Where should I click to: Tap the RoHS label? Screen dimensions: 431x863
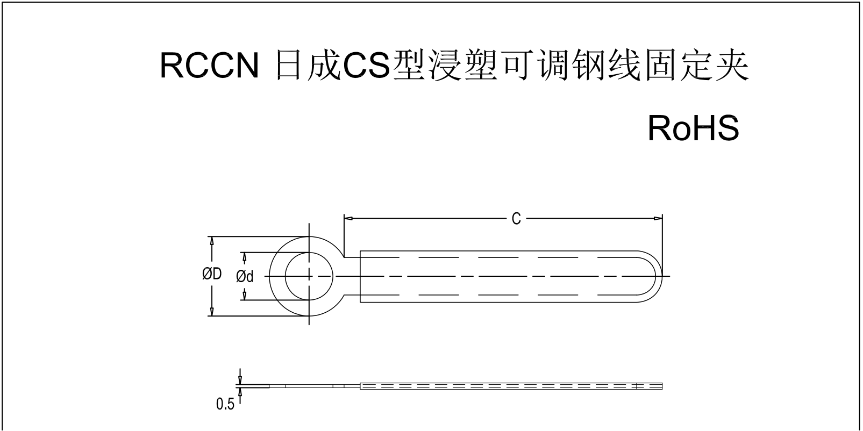pyautogui.click(x=693, y=128)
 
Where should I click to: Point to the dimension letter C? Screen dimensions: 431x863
pyautogui.click(x=516, y=219)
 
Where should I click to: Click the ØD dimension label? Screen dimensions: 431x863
pyautogui.click(x=212, y=275)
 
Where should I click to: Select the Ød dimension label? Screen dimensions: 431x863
pyautogui.click(x=245, y=276)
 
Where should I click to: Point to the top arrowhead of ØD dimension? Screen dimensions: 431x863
pyautogui.click(x=212, y=241)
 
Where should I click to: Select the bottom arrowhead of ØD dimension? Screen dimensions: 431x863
pyautogui.click(x=212, y=312)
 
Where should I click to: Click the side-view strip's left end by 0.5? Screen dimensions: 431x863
pyautogui.click(x=253, y=385)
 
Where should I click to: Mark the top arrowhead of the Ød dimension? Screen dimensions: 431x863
pyautogui.click(x=245, y=257)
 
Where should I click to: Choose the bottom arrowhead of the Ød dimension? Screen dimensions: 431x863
pyautogui.click(x=245, y=295)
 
